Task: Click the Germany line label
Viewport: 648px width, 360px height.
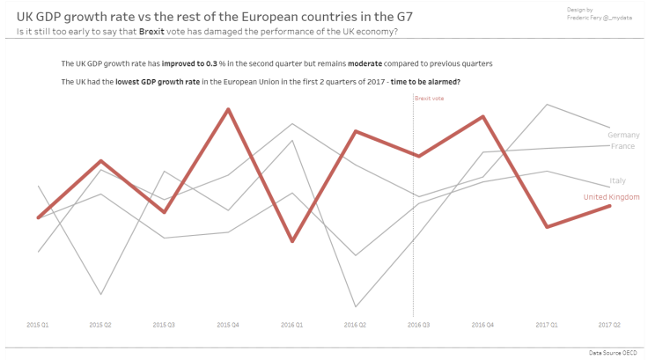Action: [622, 135]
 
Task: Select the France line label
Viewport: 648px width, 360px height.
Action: [622, 146]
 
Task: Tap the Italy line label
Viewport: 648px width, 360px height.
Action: [617, 180]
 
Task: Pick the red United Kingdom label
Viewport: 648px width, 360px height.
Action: [611, 197]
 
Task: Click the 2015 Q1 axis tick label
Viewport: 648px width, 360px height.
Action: [38, 325]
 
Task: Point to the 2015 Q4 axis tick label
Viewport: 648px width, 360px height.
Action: [228, 325]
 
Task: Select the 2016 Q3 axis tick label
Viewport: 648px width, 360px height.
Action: [419, 325]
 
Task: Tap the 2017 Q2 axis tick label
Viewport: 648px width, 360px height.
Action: [610, 325]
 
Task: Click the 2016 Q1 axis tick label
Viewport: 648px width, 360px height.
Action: [292, 325]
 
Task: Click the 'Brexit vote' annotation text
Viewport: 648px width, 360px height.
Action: [430, 99]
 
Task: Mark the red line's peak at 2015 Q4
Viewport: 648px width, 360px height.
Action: [229, 109]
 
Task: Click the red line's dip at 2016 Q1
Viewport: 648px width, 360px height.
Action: [292, 241]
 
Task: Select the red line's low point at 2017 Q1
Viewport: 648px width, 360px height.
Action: [547, 227]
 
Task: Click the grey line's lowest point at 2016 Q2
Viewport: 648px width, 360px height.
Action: [356, 306]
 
